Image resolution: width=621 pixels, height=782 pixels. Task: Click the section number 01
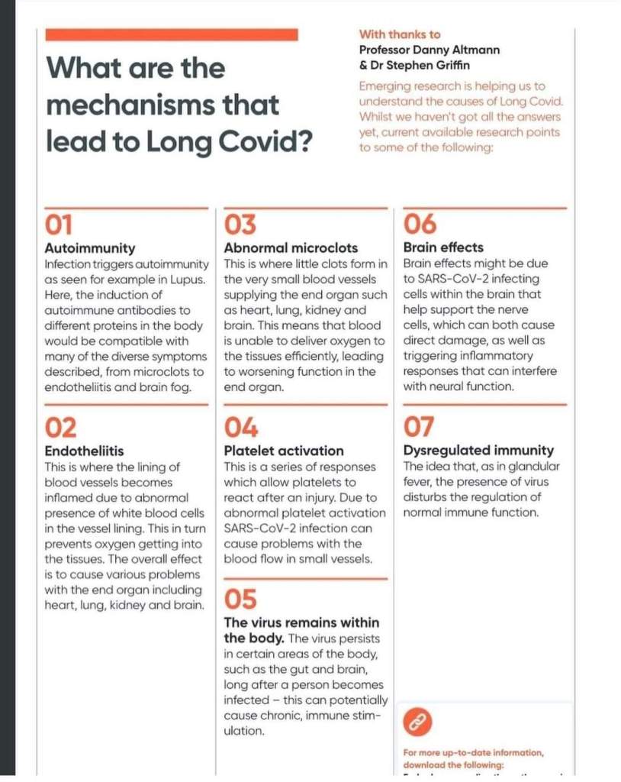coord(60,225)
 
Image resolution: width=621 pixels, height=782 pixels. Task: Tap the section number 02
coord(61,427)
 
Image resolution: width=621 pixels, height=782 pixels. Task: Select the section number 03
coord(240,225)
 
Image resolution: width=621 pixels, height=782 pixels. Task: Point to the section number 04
coord(241,427)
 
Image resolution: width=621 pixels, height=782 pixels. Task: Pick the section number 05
coord(240,598)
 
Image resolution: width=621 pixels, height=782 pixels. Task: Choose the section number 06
coord(420,225)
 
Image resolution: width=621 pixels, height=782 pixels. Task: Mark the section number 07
coord(419,427)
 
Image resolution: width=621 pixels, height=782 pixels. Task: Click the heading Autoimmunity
coord(90,247)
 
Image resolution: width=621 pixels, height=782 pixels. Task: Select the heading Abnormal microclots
coord(291,247)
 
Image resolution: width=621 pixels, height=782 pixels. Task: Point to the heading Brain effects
coord(443,247)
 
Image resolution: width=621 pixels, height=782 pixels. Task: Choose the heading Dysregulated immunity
coord(478,451)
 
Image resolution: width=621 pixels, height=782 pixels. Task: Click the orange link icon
coord(417,720)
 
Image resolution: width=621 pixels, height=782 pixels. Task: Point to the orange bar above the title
coord(172,34)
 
